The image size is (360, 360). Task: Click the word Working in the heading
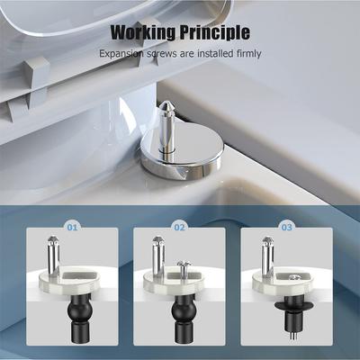(x=142, y=34)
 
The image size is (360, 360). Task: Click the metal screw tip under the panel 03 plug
(x=290, y=340)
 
